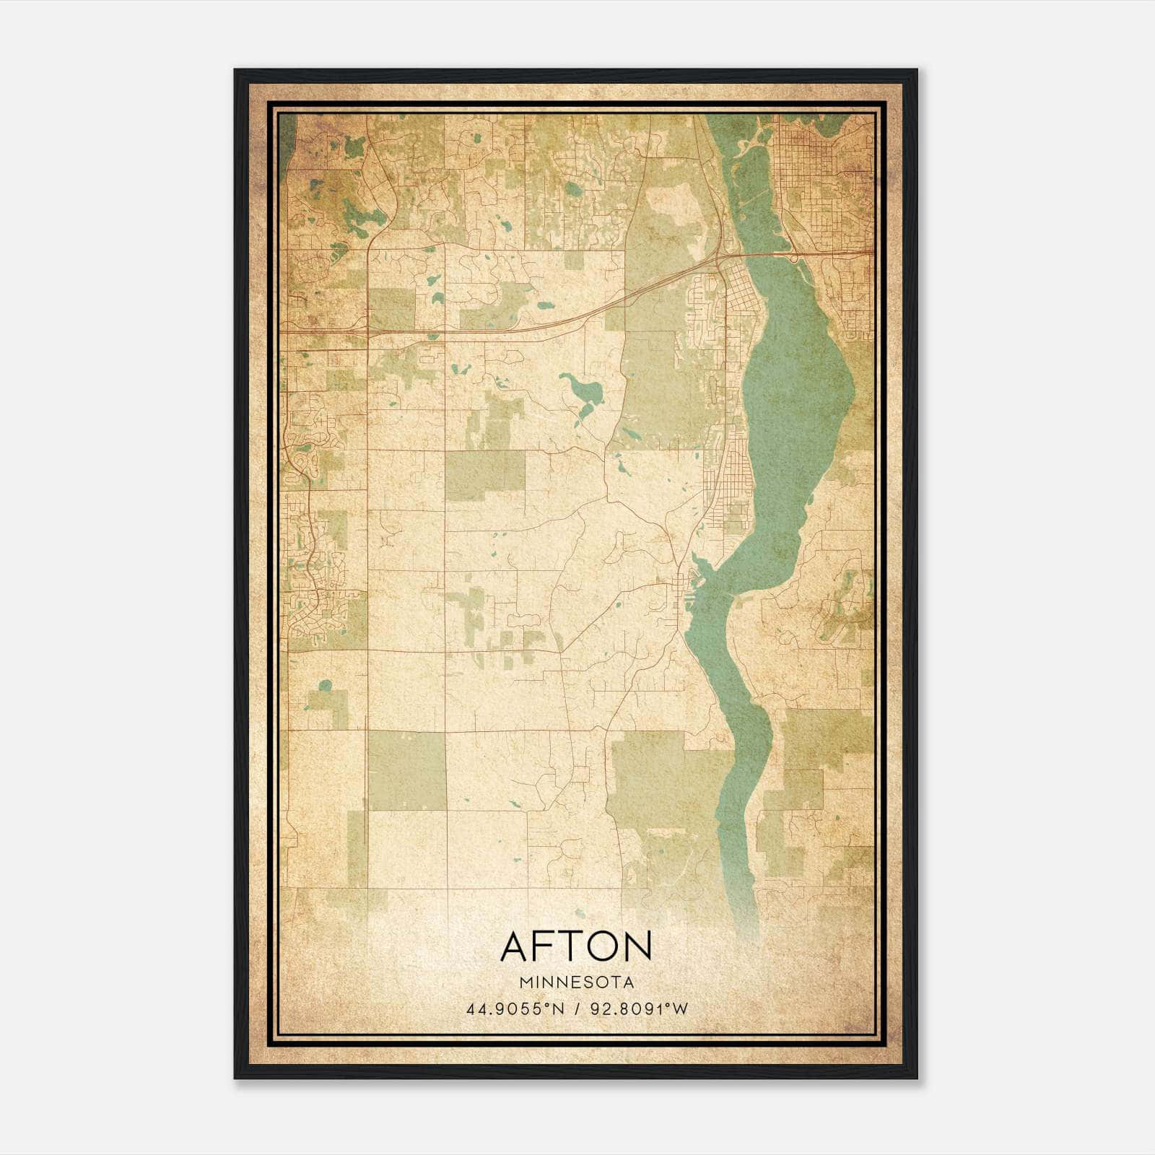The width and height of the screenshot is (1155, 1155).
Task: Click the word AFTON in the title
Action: [x=576, y=946]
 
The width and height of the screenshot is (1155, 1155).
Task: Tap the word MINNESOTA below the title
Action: [x=576, y=982]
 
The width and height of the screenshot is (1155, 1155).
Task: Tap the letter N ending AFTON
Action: [x=637, y=946]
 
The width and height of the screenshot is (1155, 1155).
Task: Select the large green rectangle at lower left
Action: [x=406, y=770]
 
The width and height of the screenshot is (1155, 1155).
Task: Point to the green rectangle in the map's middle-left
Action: [x=484, y=475]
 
